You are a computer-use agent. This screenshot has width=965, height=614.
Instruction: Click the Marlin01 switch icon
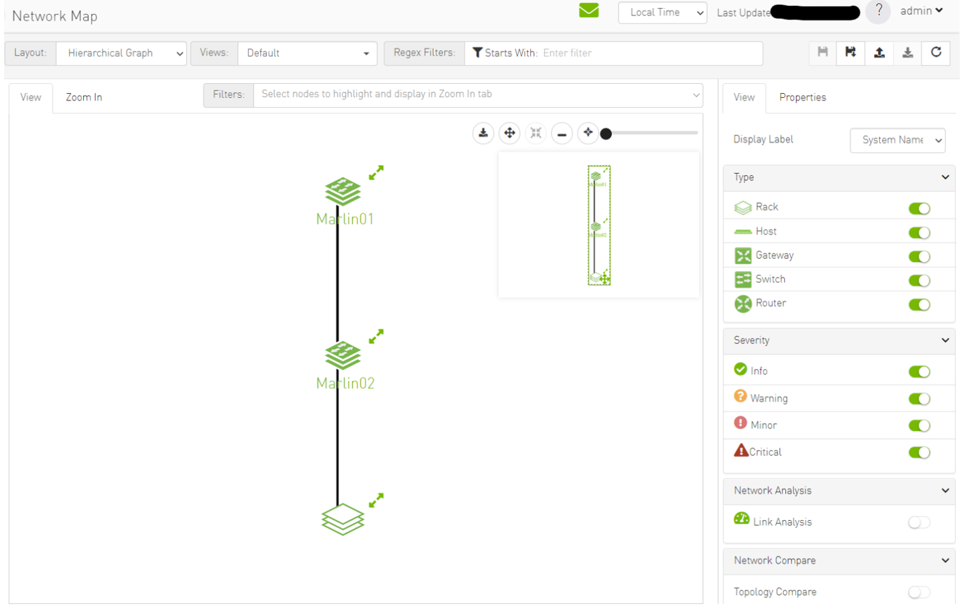coord(342,191)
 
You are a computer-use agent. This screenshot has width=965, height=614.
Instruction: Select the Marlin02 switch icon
coord(342,355)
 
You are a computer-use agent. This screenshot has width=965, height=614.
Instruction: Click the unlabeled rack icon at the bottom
coord(342,519)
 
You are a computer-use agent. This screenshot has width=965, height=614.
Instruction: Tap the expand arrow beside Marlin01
coord(376,173)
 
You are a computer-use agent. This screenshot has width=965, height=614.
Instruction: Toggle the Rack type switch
coord(919,208)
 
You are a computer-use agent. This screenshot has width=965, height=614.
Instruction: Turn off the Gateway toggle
coord(919,257)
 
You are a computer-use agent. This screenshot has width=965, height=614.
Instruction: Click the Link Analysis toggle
coord(919,523)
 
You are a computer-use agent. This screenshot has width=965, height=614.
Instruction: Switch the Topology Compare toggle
coord(919,593)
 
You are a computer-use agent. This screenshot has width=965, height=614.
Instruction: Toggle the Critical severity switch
coord(919,452)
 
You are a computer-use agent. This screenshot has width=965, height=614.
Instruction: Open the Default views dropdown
coord(307,54)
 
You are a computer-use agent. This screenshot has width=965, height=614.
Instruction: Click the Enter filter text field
coord(650,54)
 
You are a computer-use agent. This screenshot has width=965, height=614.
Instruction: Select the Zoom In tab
coord(84,98)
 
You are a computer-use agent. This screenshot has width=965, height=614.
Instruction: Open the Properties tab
coord(802,98)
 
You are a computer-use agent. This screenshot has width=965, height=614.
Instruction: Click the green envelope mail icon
coord(588,11)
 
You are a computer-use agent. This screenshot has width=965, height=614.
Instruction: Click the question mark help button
coord(878,11)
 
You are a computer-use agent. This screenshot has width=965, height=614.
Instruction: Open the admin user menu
coord(921,11)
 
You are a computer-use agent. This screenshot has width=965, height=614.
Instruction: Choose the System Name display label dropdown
coord(897,140)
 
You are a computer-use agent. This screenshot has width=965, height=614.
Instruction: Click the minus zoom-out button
coord(562,134)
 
